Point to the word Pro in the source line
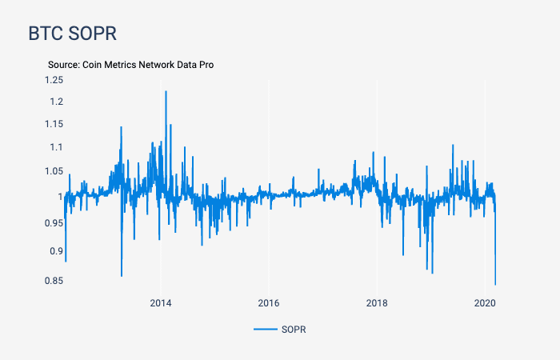(206, 64)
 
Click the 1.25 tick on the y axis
(54, 79)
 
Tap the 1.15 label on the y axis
(54, 124)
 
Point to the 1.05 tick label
(54, 171)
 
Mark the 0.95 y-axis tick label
(54, 222)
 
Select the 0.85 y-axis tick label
(54, 280)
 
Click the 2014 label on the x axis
(161, 302)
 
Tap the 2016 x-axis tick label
(269, 302)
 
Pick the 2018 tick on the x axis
(377, 302)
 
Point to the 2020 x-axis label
(485, 302)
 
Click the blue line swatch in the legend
(265, 330)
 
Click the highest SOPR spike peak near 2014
(166, 91)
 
